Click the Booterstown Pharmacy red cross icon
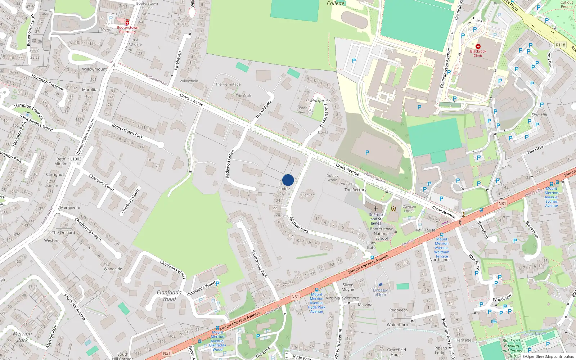tap(127, 22)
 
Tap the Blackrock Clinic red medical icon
tap(478, 46)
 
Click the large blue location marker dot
tap(288, 180)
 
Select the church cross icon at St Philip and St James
tap(376, 208)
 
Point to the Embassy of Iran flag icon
tap(380, 285)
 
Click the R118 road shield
tap(561, 45)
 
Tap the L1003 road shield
tap(76, 159)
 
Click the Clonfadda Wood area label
tap(169, 295)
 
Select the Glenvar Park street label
tap(299, 225)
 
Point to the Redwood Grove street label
tap(230, 164)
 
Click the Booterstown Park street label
tap(127, 131)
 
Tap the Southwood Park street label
tap(259, 264)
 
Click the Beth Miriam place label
tap(61, 161)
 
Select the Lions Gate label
tap(371, 245)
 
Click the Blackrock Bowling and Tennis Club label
tap(512, 348)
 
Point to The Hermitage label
tap(228, 84)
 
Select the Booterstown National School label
tap(382, 234)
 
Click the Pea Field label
tap(535, 149)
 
